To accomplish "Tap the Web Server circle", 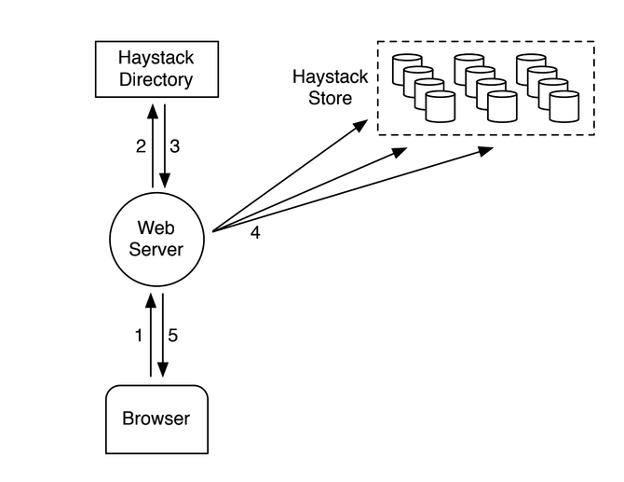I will tap(159, 238).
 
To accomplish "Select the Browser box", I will tap(156, 419).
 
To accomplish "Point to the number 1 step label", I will tap(139, 336).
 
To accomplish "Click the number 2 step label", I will tap(141, 146).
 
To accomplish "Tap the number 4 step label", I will tap(255, 232).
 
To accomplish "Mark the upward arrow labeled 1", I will tap(150, 336).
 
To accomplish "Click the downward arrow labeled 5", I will tap(164, 336).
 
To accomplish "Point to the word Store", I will tap(331, 97).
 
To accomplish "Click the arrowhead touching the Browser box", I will tap(164, 372).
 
